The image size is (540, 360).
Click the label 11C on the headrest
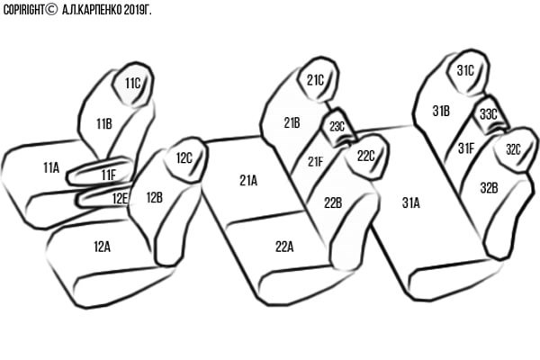133,84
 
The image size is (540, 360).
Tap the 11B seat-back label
104,123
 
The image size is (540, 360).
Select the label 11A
51,168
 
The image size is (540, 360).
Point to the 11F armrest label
109,175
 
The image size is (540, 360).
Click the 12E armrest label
121,198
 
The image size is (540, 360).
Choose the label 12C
184,158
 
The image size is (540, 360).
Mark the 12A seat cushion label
103,247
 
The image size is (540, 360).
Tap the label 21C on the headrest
316,80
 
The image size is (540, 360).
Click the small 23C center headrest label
337,127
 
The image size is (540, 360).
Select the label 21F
316,162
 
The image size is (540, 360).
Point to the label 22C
365,156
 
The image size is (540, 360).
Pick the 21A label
248,181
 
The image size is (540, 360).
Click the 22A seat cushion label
284,247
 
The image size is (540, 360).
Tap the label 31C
465,70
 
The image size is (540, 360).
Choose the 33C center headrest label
489,114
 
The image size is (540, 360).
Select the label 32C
513,149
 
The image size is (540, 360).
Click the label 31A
411,202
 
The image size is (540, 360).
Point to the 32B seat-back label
489,188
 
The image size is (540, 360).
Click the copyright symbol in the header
51,9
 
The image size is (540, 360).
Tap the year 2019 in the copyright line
134,10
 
